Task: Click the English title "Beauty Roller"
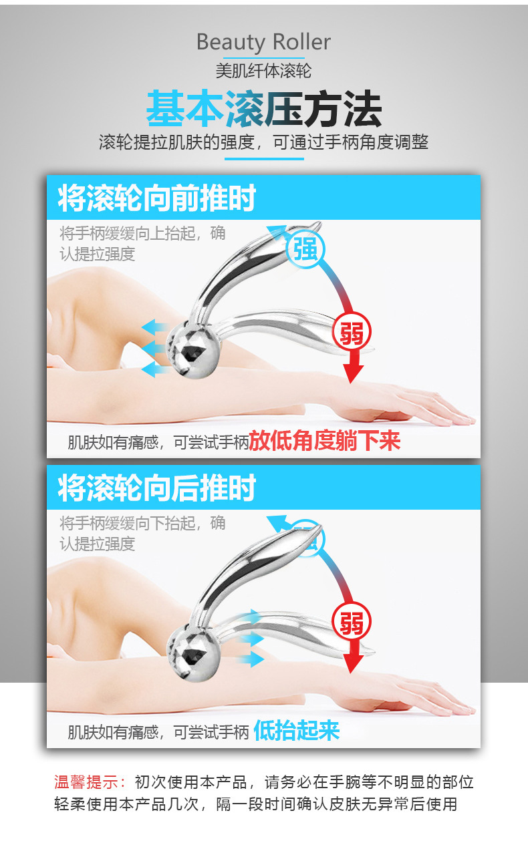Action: point(263,43)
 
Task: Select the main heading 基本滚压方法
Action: point(263,108)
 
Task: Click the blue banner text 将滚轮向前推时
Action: point(157,198)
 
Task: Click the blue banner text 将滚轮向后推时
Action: point(157,488)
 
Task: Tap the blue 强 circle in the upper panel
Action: point(305,250)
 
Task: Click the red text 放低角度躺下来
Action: point(325,441)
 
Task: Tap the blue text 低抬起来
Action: point(297,731)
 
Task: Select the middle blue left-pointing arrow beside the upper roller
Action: point(154,348)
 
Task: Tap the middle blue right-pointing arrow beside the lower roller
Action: point(252,639)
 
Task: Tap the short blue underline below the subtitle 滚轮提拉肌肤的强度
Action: point(263,159)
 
